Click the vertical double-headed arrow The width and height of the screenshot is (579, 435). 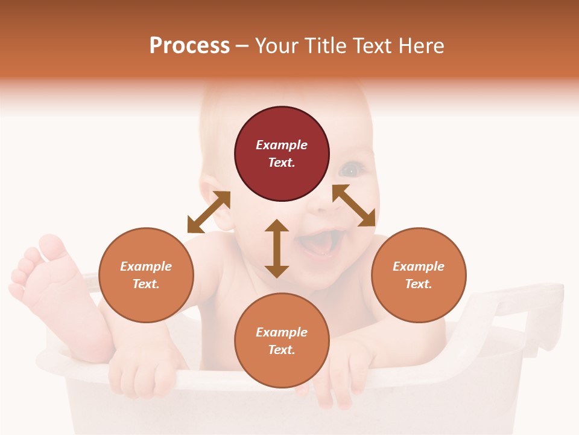coord(277,248)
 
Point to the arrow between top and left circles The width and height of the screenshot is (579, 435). coord(209,211)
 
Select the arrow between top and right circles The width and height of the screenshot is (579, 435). coord(354,205)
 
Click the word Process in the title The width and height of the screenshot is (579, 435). coord(189,45)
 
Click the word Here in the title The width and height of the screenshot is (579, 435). coord(422,45)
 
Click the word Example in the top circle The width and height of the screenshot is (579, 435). coord(282,145)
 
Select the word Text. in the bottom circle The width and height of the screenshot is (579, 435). coord(282,350)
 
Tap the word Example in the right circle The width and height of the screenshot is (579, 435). coord(419,266)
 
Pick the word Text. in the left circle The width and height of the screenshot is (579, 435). coord(146,284)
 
